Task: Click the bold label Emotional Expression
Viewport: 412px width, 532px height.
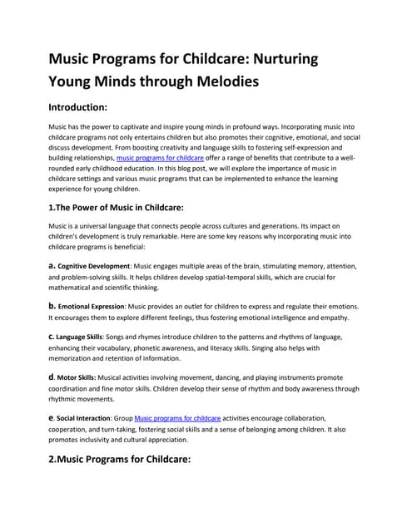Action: [x=91, y=307]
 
